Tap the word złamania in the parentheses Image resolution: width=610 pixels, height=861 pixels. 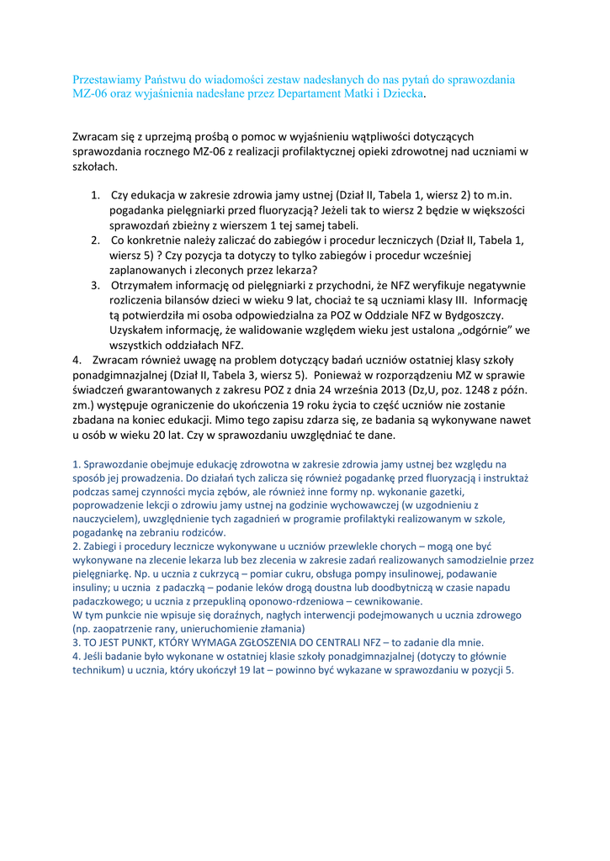point(268,628)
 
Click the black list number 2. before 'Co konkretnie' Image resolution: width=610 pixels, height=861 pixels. point(97,240)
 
